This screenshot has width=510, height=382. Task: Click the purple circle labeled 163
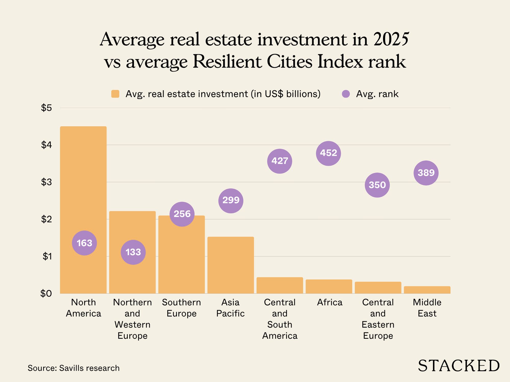[84, 243]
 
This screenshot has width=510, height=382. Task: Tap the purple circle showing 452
[328, 153]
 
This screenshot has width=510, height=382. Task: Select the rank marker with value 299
[231, 201]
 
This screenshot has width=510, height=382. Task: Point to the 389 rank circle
[426, 173]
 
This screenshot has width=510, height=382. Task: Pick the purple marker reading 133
[133, 252]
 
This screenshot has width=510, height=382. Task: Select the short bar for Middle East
[427, 290]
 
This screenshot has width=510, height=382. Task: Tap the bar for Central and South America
[280, 285]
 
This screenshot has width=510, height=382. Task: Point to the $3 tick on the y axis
[46, 182]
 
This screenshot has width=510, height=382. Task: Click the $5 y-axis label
[46, 108]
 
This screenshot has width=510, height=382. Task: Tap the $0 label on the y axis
[46, 293]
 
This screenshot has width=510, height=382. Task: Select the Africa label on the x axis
[329, 302]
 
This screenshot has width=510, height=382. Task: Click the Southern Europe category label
[181, 308]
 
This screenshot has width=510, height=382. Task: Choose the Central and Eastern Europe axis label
[378, 319]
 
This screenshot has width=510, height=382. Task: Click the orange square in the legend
[115, 94]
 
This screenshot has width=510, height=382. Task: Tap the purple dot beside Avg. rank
[346, 94]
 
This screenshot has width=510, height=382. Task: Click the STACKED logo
[458, 366]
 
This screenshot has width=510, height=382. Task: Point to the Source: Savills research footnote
[73, 368]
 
